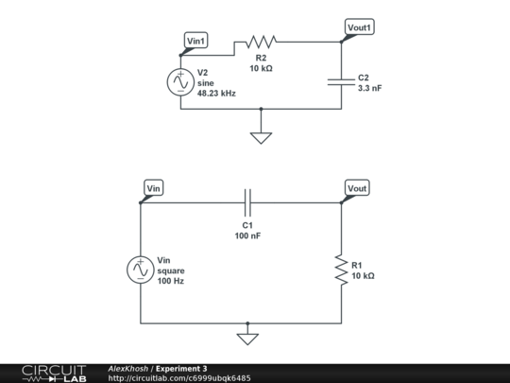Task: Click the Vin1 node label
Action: (195, 41)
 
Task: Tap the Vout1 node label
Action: (359, 27)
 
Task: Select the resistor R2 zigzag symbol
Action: (262, 42)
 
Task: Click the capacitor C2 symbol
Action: (341, 82)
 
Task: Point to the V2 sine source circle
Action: (180, 82)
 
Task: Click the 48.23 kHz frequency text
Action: (216, 94)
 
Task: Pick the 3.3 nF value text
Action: (370, 88)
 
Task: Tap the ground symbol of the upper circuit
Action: (261, 138)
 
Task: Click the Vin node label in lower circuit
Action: (154, 188)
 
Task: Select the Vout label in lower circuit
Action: (357, 188)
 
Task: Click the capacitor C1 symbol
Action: (247, 202)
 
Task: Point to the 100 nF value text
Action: (247, 235)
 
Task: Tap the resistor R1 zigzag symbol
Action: (341, 270)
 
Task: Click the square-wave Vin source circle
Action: (140, 270)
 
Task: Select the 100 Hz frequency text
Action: (171, 281)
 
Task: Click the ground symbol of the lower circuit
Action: (247, 339)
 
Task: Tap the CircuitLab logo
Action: (54, 374)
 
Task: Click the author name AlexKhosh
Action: (128, 369)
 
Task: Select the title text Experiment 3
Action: (181, 369)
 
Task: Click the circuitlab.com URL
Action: (179, 378)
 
